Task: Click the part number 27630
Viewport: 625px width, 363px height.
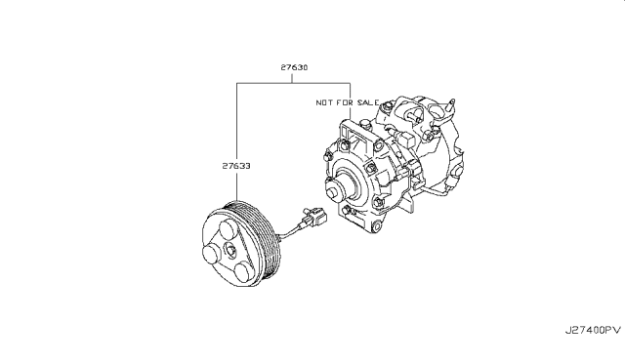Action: (x=294, y=67)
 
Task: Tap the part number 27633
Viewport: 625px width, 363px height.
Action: (x=236, y=166)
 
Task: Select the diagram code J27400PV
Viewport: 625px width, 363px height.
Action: (x=593, y=331)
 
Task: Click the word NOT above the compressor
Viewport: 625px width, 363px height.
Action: (x=324, y=102)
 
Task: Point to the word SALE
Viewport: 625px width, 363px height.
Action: (x=368, y=102)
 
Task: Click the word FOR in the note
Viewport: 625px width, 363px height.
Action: (x=345, y=102)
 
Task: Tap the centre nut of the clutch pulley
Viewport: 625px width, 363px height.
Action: (x=230, y=249)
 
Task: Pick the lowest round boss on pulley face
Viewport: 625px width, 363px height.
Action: (x=243, y=271)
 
